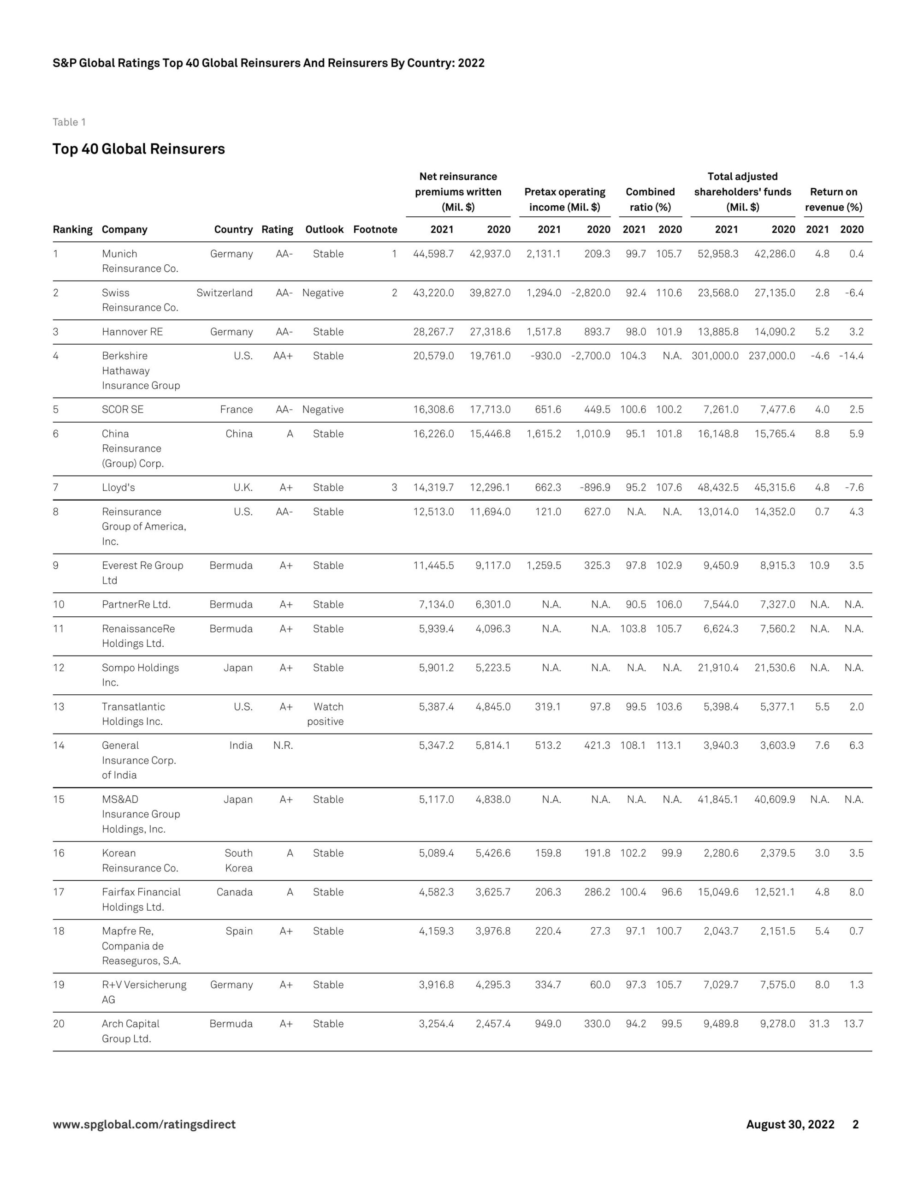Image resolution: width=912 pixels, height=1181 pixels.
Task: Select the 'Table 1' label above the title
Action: [x=69, y=122]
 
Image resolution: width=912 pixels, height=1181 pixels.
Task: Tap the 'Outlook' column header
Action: [x=324, y=229]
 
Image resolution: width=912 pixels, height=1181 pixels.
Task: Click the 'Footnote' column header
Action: [x=375, y=229]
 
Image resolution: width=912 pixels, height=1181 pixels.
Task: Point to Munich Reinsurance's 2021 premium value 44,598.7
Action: [x=433, y=254]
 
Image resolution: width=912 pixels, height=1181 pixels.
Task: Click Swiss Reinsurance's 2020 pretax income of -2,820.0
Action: [x=591, y=292]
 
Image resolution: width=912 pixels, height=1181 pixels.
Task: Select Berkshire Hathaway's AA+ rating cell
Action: [x=283, y=356]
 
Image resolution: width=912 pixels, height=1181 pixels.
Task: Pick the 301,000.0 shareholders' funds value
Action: [x=715, y=356]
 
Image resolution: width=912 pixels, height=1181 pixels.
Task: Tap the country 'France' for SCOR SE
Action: [x=236, y=409]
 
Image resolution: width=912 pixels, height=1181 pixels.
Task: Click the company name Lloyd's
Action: [x=118, y=487]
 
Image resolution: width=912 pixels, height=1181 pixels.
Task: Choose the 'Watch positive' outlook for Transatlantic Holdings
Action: [x=326, y=714]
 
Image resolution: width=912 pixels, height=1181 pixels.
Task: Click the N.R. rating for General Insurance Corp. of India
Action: [x=283, y=745]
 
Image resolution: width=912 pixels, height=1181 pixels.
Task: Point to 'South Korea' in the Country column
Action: [x=238, y=860]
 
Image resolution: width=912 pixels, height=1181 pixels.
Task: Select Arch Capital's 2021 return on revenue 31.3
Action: [x=819, y=1024]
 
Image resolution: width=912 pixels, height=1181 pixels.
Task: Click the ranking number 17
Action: [x=59, y=892]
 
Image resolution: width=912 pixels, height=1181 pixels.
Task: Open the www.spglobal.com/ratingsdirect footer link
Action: [x=144, y=1124]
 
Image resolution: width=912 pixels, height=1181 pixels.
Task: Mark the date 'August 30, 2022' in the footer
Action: [x=790, y=1124]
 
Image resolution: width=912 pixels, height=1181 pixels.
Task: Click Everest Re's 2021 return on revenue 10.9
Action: [x=819, y=565]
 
